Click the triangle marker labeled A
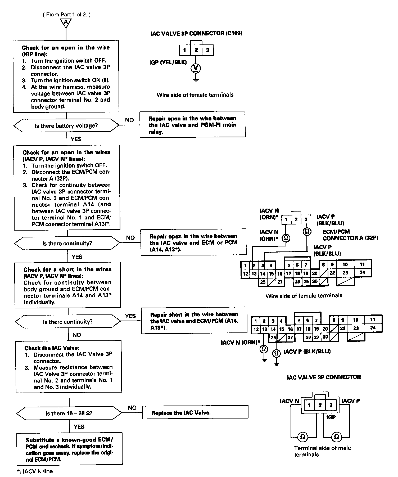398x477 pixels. (66, 23)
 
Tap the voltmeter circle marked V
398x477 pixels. (196, 68)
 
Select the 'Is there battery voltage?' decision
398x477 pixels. (66, 126)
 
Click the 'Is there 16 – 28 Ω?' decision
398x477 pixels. (69, 413)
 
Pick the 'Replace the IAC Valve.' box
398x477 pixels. (195, 412)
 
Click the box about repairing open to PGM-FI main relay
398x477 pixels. (192, 125)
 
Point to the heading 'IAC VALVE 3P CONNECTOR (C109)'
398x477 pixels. (196, 33)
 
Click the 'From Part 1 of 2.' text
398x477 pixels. (67, 15)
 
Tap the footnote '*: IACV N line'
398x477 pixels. (34, 471)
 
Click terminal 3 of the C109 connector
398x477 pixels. (208, 50)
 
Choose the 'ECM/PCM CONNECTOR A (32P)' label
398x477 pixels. (350, 235)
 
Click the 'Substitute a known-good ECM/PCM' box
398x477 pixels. (69, 449)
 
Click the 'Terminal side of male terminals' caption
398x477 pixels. (322, 451)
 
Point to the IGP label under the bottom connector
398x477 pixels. (331, 417)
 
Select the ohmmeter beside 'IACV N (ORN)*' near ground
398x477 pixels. (264, 349)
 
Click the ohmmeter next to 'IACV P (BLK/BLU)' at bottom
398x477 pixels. (276, 353)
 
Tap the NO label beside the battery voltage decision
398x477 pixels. (129, 120)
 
